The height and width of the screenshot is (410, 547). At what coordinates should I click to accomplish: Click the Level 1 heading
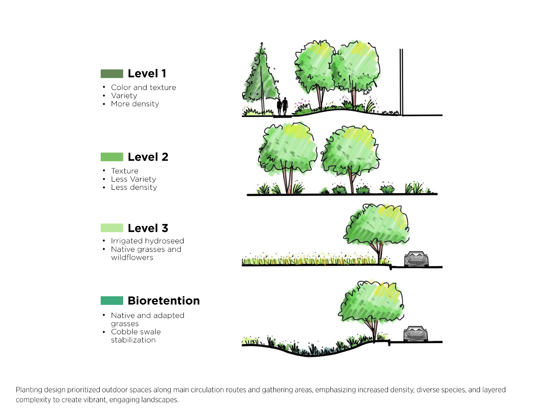tap(147, 74)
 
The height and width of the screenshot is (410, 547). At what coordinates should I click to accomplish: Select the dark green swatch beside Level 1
tap(112, 74)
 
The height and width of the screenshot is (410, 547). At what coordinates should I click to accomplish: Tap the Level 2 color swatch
tap(112, 157)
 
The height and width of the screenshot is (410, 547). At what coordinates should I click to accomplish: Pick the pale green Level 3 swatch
tap(112, 228)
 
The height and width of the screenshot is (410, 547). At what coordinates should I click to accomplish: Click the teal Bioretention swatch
tap(112, 300)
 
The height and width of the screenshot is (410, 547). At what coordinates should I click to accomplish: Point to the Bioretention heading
tap(164, 301)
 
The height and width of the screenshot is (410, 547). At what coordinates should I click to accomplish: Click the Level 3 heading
tap(148, 228)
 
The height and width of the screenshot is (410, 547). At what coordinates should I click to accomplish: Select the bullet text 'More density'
tap(135, 104)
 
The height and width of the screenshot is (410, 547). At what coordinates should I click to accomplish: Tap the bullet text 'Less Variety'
tap(133, 179)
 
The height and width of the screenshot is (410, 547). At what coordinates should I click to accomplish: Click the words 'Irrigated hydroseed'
tap(147, 241)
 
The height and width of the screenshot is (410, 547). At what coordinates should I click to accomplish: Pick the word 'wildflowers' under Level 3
tap(132, 258)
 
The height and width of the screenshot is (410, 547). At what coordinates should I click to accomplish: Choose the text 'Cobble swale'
tap(136, 332)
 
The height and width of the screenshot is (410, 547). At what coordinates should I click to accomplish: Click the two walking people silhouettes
tap(282, 106)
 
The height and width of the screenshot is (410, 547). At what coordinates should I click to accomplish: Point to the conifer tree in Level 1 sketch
tap(260, 77)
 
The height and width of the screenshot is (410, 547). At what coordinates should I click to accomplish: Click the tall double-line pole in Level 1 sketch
tap(401, 82)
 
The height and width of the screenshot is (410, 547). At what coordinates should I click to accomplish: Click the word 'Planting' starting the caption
tap(29, 390)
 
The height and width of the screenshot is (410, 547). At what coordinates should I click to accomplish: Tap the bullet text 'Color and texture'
tap(143, 88)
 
